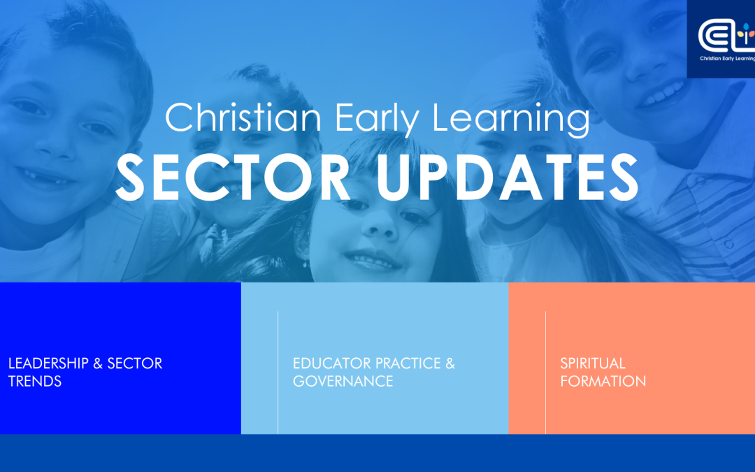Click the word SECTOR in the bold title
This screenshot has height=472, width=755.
(x=233, y=177)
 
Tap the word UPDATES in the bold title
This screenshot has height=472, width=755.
(x=507, y=177)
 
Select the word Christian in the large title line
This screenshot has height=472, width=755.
(x=243, y=117)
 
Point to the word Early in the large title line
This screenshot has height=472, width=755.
(x=377, y=118)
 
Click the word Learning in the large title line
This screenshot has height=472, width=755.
(x=511, y=118)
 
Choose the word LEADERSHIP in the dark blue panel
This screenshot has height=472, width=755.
(x=49, y=363)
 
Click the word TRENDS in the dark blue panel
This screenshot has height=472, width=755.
(x=35, y=382)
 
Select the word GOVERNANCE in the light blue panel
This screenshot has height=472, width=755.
(x=343, y=382)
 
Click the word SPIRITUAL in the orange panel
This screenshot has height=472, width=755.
(x=593, y=363)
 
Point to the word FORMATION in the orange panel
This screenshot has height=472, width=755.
(x=603, y=382)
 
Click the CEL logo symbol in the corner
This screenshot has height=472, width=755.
(x=726, y=35)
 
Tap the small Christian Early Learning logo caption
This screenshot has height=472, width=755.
(x=727, y=59)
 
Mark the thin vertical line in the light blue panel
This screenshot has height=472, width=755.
(x=278, y=372)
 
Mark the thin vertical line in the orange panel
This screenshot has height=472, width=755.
(x=545, y=372)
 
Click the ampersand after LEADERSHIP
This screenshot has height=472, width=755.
(x=98, y=363)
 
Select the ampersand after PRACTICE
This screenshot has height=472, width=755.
(x=450, y=363)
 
